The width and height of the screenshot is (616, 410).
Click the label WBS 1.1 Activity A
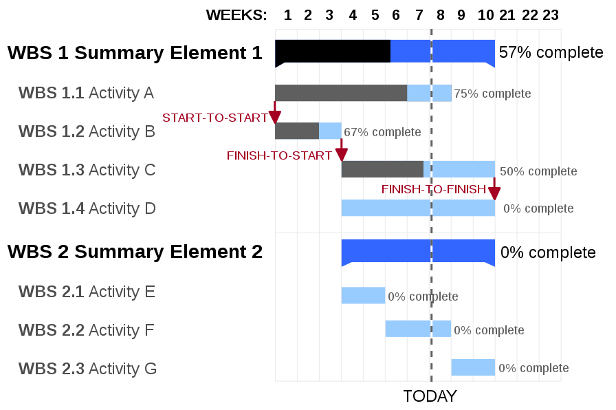point(86,93)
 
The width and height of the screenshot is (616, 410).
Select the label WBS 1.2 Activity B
point(87,131)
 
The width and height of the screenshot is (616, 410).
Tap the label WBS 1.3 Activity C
point(87,170)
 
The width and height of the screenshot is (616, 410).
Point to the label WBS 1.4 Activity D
point(87,208)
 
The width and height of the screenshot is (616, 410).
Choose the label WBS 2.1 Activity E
point(87,292)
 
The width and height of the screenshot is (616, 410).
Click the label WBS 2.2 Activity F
point(86,330)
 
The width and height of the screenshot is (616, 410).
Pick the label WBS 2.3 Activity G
point(87,369)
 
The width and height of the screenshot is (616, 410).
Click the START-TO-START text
point(215,118)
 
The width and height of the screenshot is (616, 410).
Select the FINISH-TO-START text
point(280,156)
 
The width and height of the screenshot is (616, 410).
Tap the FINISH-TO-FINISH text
point(434,189)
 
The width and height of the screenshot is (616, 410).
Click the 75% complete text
point(492,94)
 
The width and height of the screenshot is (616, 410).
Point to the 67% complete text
point(382,132)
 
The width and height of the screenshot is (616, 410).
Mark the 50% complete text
point(538,171)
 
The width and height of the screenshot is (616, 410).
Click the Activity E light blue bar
point(363,296)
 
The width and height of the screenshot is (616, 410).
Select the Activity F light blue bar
point(418,329)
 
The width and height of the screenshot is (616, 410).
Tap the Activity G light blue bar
point(473,367)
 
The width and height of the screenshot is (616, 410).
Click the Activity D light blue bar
point(418,208)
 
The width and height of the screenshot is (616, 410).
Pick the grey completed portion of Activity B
point(297,131)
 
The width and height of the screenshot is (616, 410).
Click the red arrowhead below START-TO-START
point(274,117)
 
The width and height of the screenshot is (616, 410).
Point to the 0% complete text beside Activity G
point(533,369)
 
